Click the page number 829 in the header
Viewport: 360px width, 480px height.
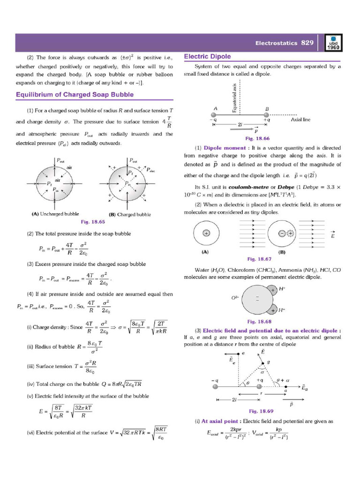click(x=307, y=43)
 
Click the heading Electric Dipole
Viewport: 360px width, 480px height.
click(x=207, y=57)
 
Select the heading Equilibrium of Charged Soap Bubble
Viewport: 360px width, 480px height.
click(x=75, y=94)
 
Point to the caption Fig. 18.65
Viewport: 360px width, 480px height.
click(x=92, y=220)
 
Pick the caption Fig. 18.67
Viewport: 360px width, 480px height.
click(x=259, y=259)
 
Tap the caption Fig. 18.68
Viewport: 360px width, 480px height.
click(x=259, y=322)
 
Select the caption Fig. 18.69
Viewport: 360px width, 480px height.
click(x=260, y=411)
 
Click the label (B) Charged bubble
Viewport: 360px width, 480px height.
click(x=130, y=214)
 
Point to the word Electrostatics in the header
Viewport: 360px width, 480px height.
click(x=276, y=43)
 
